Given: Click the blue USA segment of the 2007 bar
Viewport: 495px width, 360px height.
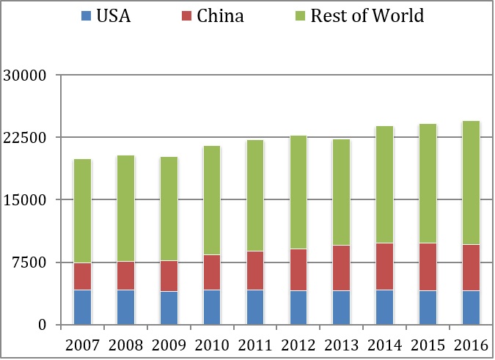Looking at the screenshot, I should point(82,307).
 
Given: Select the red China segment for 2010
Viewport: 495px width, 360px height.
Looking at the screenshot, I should point(212,272).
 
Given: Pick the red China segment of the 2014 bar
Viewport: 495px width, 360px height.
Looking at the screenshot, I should point(384,266).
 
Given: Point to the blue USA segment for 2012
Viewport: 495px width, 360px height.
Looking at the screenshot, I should point(298,307).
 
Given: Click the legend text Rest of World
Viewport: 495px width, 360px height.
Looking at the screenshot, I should point(367,15).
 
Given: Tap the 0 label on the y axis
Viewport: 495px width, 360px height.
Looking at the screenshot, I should point(43,325).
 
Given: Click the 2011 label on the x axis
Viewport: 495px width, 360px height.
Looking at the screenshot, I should point(254,345).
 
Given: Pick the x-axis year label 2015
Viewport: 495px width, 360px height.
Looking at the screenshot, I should point(428,345).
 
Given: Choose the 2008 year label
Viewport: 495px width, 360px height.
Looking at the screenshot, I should point(125,345).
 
